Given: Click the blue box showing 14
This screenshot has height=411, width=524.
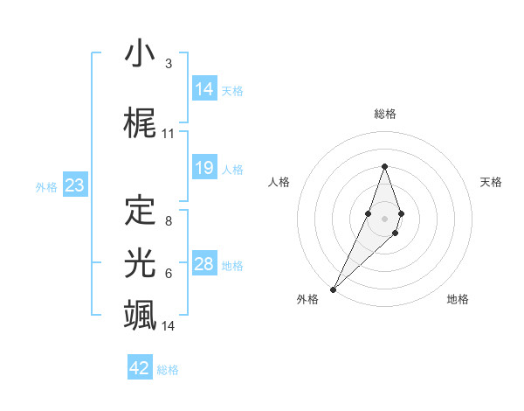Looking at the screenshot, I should click(204, 89).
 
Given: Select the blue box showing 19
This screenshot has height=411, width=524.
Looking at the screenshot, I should click(204, 168).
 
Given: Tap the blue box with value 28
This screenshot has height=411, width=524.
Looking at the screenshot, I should click(204, 264).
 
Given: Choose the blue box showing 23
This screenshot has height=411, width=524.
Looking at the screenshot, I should click(74, 185).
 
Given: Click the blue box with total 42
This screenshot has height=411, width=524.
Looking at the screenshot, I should click(140, 368).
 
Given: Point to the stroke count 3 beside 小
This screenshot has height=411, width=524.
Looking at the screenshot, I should click(168, 64).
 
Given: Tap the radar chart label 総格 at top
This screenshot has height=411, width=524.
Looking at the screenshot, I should click(385, 114).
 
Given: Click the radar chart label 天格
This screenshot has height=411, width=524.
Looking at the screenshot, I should click(491, 182).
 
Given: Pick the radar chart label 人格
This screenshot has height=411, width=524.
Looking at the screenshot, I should click(279, 182).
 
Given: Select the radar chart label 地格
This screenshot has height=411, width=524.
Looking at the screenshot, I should click(458, 299).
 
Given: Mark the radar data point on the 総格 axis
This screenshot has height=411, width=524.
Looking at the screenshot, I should click(384, 166).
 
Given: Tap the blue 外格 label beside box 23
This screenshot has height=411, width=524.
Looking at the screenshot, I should click(46, 186).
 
